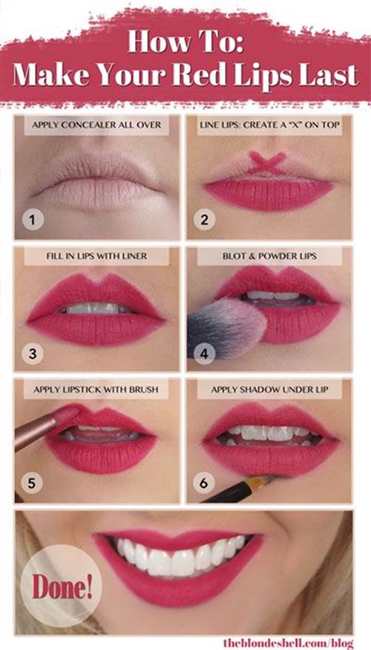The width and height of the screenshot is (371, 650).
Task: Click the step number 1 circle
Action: tap(33, 220)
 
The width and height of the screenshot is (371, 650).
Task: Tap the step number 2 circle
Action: tap(204, 220)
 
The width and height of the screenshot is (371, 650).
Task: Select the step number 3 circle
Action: tap(33, 354)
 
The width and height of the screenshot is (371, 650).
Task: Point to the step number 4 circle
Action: tap(204, 354)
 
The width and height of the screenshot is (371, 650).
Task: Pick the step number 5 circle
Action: tap(33, 484)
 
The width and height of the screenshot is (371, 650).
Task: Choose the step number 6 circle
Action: tap(204, 484)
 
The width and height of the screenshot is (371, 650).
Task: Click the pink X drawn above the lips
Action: tap(267, 163)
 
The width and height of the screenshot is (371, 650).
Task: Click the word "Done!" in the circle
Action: tap(62, 587)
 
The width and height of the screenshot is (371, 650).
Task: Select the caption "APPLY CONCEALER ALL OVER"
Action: tap(96, 124)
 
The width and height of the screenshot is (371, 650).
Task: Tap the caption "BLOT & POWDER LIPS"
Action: tap(269, 256)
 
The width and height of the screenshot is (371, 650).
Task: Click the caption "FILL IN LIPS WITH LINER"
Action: tap(96, 256)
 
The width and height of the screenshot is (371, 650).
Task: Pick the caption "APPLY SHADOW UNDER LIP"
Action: tap(269, 389)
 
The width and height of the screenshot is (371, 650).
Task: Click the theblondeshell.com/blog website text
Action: tap(289, 643)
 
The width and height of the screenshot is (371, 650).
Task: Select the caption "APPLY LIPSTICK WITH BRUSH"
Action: tap(96, 389)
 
